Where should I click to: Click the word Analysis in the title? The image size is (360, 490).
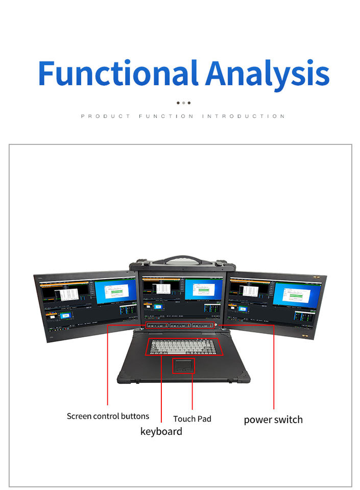(x=268, y=74)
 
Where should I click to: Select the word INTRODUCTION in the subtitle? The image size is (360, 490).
(x=243, y=116)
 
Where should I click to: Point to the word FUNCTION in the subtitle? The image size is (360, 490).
(x=166, y=116)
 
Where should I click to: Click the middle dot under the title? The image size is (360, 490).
(x=183, y=103)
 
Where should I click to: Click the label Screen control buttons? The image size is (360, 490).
(x=108, y=416)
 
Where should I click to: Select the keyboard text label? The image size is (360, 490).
(x=161, y=432)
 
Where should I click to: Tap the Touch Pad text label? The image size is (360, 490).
(x=192, y=419)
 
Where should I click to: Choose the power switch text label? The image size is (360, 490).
(x=273, y=420)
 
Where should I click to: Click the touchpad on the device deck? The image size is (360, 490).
(x=183, y=365)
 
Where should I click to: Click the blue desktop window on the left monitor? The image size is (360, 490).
(x=115, y=292)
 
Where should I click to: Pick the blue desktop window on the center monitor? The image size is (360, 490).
(x=203, y=289)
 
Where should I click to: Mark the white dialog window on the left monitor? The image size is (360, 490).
(x=66, y=295)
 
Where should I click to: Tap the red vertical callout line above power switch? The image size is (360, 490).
(x=274, y=367)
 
